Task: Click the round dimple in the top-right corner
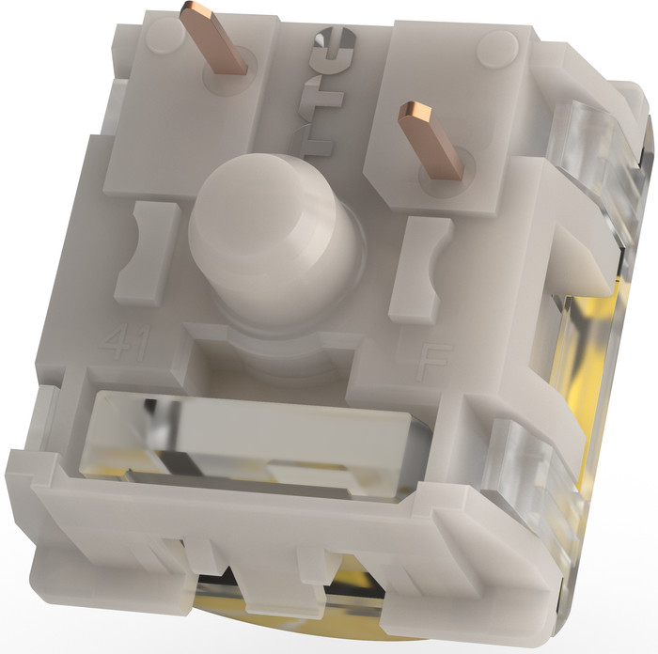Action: coord(495,45)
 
